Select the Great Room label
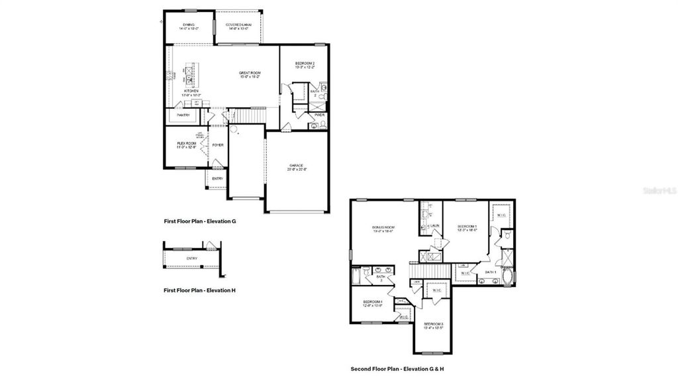[x=250, y=74]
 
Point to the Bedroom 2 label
[x=305, y=65]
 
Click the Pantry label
[x=183, y=115]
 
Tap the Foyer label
[x=217, y=144]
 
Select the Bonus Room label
[x=383, y=229]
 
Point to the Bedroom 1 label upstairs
[x=467, y=229]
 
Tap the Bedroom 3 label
[x=433, y=325]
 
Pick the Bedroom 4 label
[x=372, y=303]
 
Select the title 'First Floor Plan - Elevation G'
[x=199, y=221]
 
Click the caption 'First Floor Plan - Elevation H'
[x=199, y=290]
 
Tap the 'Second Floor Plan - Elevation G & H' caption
[x=401, y=368]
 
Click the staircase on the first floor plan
[x=250, y=116]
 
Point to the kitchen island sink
[x=189, y=79]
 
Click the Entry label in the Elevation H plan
[x=191, y=258]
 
